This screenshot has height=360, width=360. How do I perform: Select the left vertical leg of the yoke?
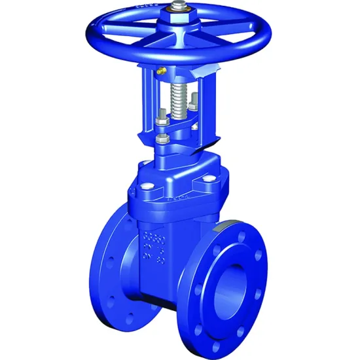tap(147, 105)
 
